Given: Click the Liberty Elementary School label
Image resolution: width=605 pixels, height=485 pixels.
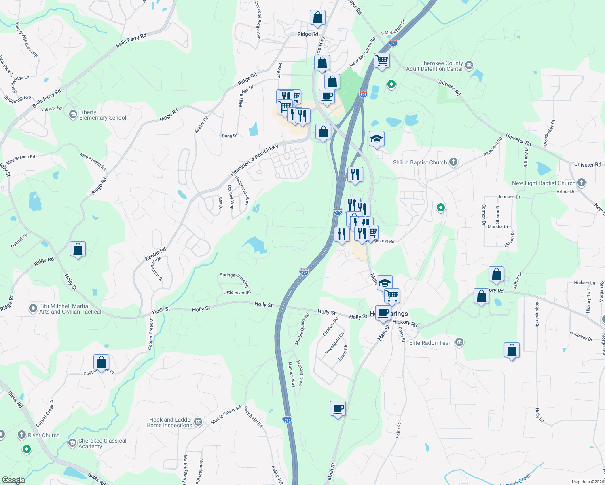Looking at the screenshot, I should [102, 115].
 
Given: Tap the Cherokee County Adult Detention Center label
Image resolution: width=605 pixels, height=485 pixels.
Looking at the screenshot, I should [434, 66].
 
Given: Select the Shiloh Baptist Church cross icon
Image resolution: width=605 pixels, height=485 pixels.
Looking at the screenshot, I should [453, 162].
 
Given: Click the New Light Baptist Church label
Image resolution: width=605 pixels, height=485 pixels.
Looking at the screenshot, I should [544, 183].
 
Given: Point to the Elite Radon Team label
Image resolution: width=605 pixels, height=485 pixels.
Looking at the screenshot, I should [431, 343].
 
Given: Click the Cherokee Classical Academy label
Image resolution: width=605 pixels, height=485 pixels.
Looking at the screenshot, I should [102, 443].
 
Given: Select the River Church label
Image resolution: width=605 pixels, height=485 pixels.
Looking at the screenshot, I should [44, 435].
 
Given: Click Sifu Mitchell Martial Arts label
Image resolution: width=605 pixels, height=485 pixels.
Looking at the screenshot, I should [70, 309].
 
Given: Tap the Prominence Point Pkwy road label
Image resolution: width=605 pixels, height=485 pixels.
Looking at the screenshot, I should [254, 160].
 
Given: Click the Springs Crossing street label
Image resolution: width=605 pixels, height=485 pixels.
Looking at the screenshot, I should [234, 279].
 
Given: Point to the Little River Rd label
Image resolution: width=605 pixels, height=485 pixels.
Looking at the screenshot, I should [237, 292].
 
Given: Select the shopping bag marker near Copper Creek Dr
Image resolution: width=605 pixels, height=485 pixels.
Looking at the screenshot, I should [102, 362].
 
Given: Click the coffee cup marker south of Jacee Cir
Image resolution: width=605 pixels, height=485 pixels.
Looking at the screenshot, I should [338, 409].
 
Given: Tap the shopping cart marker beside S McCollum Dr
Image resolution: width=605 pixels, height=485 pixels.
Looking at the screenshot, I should [382, 61].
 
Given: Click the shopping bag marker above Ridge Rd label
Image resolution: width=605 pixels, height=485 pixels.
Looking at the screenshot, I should [318, 17].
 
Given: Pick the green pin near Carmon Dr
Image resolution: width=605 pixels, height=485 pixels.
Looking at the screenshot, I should [441, 208].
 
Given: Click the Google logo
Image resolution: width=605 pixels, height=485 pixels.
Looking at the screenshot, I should [14, 480].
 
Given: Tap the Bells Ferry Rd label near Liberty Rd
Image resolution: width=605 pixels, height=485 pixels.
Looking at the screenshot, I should [47, 98].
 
